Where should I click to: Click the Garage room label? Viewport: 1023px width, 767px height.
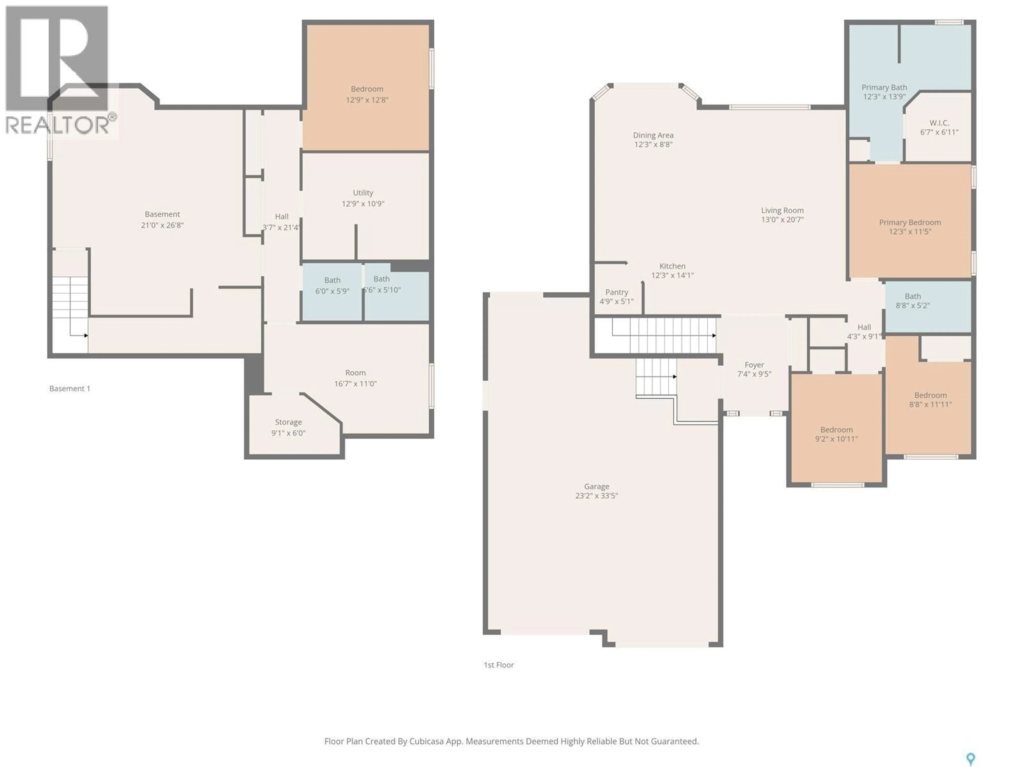tap(596, 486)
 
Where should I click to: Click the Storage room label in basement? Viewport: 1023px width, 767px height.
tap(288, 422)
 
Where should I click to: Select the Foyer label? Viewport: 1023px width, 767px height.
tap(754, 365)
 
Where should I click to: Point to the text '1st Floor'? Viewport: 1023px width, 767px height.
tap(498, 665)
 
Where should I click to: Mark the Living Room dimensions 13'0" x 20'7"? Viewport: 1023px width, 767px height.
tap(782, 220)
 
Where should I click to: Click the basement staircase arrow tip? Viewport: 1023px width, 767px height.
tap(87, 335)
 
